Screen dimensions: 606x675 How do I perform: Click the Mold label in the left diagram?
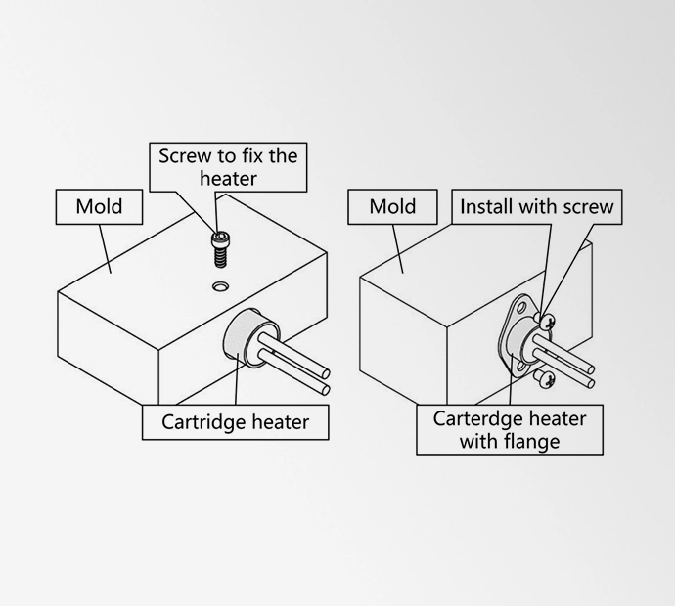click(99, 207)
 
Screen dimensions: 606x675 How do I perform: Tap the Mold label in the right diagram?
click(392, 207)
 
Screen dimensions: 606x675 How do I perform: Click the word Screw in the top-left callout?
click(184, 155)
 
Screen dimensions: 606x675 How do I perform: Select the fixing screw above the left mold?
click(220, 245)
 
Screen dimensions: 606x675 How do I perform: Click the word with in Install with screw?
click(538, 207)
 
